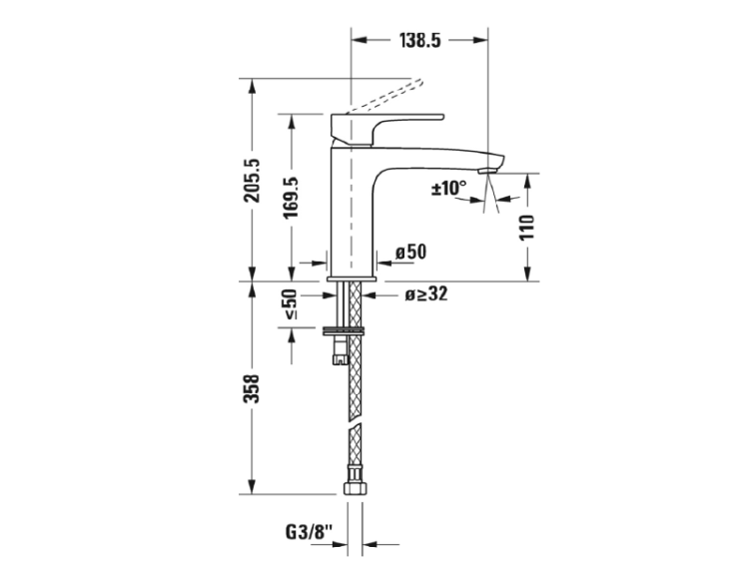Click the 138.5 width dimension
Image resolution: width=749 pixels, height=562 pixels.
tap(419, 41)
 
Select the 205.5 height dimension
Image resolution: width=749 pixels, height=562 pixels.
tap(253, 181)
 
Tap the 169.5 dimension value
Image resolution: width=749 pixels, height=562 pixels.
tap(291, 198)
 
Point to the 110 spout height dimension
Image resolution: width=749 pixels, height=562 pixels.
tap(526, 228)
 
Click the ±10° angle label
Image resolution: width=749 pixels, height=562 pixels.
tap(448, 188)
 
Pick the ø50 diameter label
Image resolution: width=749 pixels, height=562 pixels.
tap(410, 252)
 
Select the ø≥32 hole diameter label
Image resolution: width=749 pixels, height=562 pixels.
tap(426, 294)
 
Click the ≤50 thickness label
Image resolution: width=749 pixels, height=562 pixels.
tap(291, 303)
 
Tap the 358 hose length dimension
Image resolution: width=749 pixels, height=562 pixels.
tap(253, 389)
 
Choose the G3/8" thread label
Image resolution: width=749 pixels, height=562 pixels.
tap(309, 531)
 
